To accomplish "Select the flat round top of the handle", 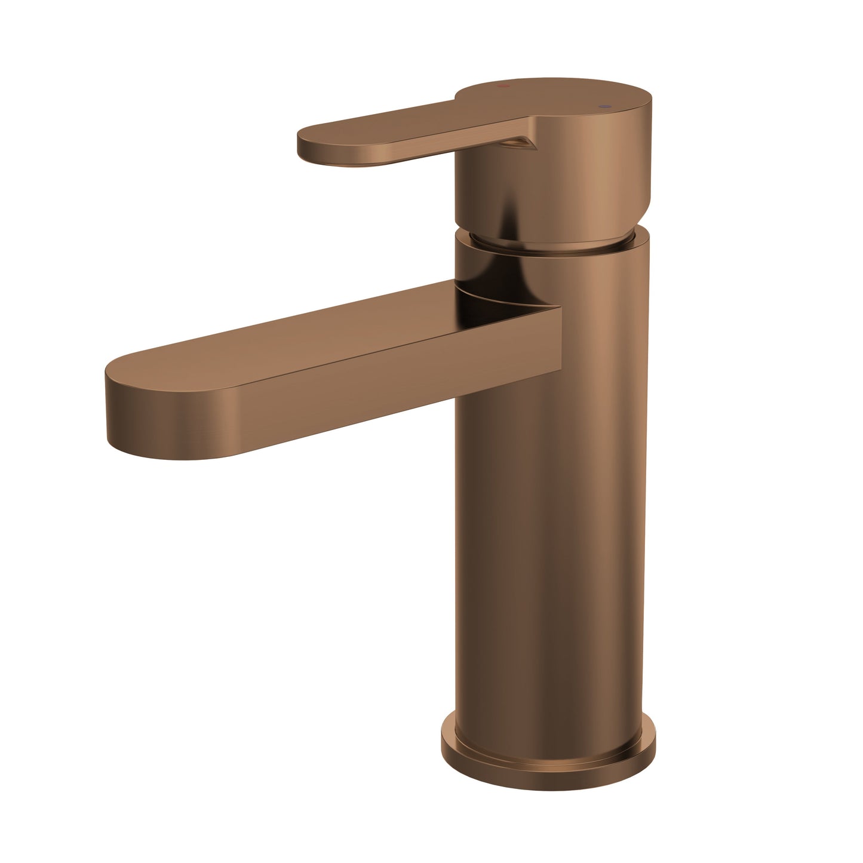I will [555, 96].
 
